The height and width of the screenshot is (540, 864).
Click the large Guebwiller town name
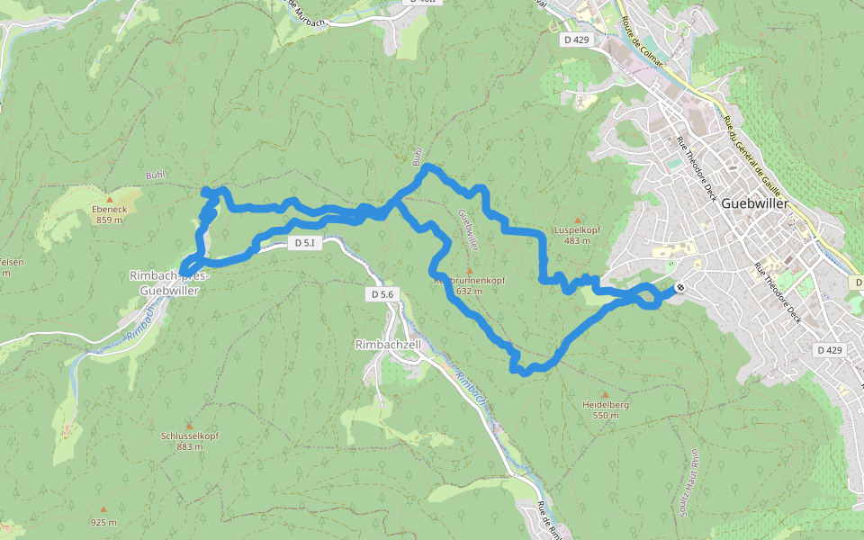pyautogui.click(x=755, y=203)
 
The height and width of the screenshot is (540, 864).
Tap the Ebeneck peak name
pyautogui.click(x=110, y=209)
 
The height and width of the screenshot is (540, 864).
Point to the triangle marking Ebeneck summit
pyautogui.click(x=110, y=198)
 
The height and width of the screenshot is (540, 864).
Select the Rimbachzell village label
pyautogui.click(x=388, y=345)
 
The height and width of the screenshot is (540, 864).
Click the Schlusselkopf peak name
pyautogui.click(x=189, y=436)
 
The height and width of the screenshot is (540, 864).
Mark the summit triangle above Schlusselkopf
pyautogui.click(x=189, y=425)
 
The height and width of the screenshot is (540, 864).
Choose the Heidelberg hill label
pyautogui.click(x=605, y=405)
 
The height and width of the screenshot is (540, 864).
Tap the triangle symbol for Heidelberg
pyautogui.click(x=605, y=394)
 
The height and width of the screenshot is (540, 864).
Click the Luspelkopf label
pyautogui.click(x=577, y=229)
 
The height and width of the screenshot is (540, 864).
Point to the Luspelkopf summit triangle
pyautogui.click(x=577, y=219)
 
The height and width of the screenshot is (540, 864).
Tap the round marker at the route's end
pyautogui.click(x=680, y=288)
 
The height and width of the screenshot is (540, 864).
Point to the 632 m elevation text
pyautogui.click(x=469, y=291)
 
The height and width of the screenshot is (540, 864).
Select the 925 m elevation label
pyautogui.click(x=103, y=522)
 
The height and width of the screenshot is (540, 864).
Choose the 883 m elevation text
pyautogui.click(x=189, y=446)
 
